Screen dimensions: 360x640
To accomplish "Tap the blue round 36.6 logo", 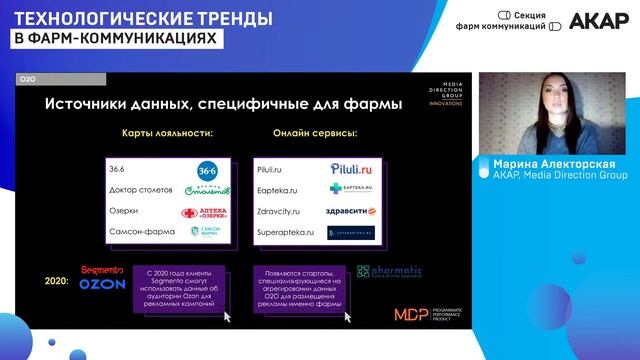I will (207, 169).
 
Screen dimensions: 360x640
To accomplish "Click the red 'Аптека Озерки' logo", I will (204, 212).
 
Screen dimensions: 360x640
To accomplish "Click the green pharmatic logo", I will (389, 272).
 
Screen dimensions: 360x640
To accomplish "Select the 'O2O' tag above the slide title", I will (28, 78).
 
